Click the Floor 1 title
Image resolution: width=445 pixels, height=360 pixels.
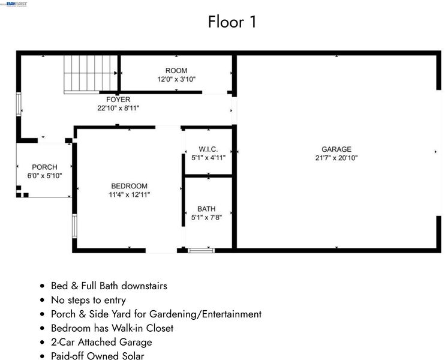coord(232,22)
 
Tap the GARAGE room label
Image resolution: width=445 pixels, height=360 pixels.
coord(336,149)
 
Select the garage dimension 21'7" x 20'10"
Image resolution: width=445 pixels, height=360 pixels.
coord(336,158)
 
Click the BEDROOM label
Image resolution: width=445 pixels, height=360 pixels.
coord(129,186)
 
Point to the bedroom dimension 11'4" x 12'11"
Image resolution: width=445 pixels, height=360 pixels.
coord(129,194)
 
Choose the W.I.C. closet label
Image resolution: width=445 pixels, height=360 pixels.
coord(208,149)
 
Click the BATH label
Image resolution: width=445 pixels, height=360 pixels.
coord(206,209)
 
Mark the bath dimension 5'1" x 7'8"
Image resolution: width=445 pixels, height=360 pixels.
coord(206,217)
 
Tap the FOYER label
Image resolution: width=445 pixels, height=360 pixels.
coord(118,100)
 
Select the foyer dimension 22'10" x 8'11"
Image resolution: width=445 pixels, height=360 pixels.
coord(118,108)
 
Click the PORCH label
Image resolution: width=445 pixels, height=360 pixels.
coord(44,167)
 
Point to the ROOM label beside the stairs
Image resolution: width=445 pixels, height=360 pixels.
coord(176,70)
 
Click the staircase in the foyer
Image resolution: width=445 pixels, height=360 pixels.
coord(91,74)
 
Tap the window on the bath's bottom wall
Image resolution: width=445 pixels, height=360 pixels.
coord(202,250)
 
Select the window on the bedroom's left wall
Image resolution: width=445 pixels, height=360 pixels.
coord(74,226)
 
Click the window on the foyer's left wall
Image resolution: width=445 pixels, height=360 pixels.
coord(19,104)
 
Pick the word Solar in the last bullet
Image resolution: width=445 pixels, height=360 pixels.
coord(133,356)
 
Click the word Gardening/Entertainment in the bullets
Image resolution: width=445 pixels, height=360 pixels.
coord(205,314)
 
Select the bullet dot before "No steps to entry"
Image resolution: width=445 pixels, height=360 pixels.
coord(43,300)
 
